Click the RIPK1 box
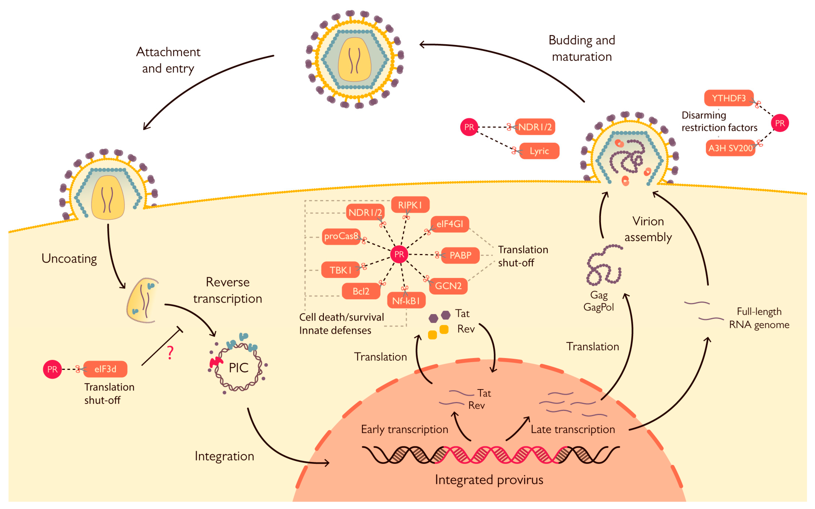[x=410, y=205]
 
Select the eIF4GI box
[x=450, y=224]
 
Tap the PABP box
[x=460, y=255]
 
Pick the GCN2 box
[x=448, y=286]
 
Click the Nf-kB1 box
[x=406, y=301]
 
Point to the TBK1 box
[x=340, y=270]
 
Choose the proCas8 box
[x=341, y=236]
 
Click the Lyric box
[x=539, y=151]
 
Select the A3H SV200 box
[x=730, y=148]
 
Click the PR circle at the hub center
[x=399, y=254]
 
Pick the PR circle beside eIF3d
[x=52, y=369]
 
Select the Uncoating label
[x=69, y=259]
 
